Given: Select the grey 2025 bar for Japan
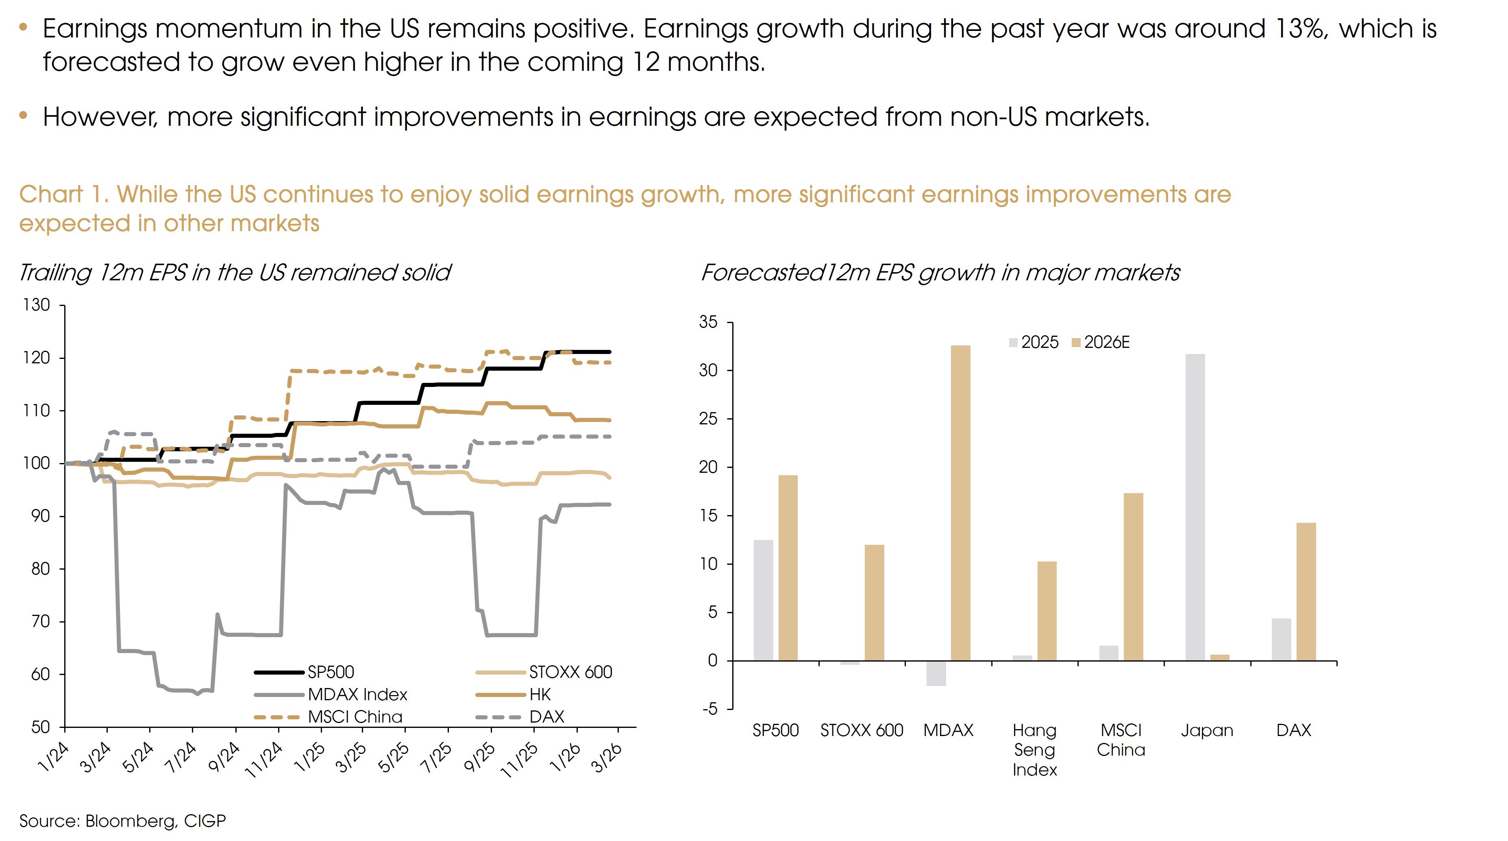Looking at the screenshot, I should [1195, 507].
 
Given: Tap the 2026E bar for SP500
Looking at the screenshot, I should [788, 568].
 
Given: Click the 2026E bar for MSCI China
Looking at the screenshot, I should [1134, 577].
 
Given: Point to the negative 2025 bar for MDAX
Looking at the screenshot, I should [936, 673].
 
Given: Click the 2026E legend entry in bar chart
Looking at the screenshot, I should [1101, 343].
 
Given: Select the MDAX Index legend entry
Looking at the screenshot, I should [357, 695].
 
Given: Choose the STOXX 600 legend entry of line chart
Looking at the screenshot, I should [570, 672].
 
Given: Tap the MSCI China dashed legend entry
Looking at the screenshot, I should [355, 717].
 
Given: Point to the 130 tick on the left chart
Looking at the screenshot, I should [36, 305].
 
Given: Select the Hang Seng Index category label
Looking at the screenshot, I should [1034, 749].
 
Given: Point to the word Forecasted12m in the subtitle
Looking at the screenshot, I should [784, 273].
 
